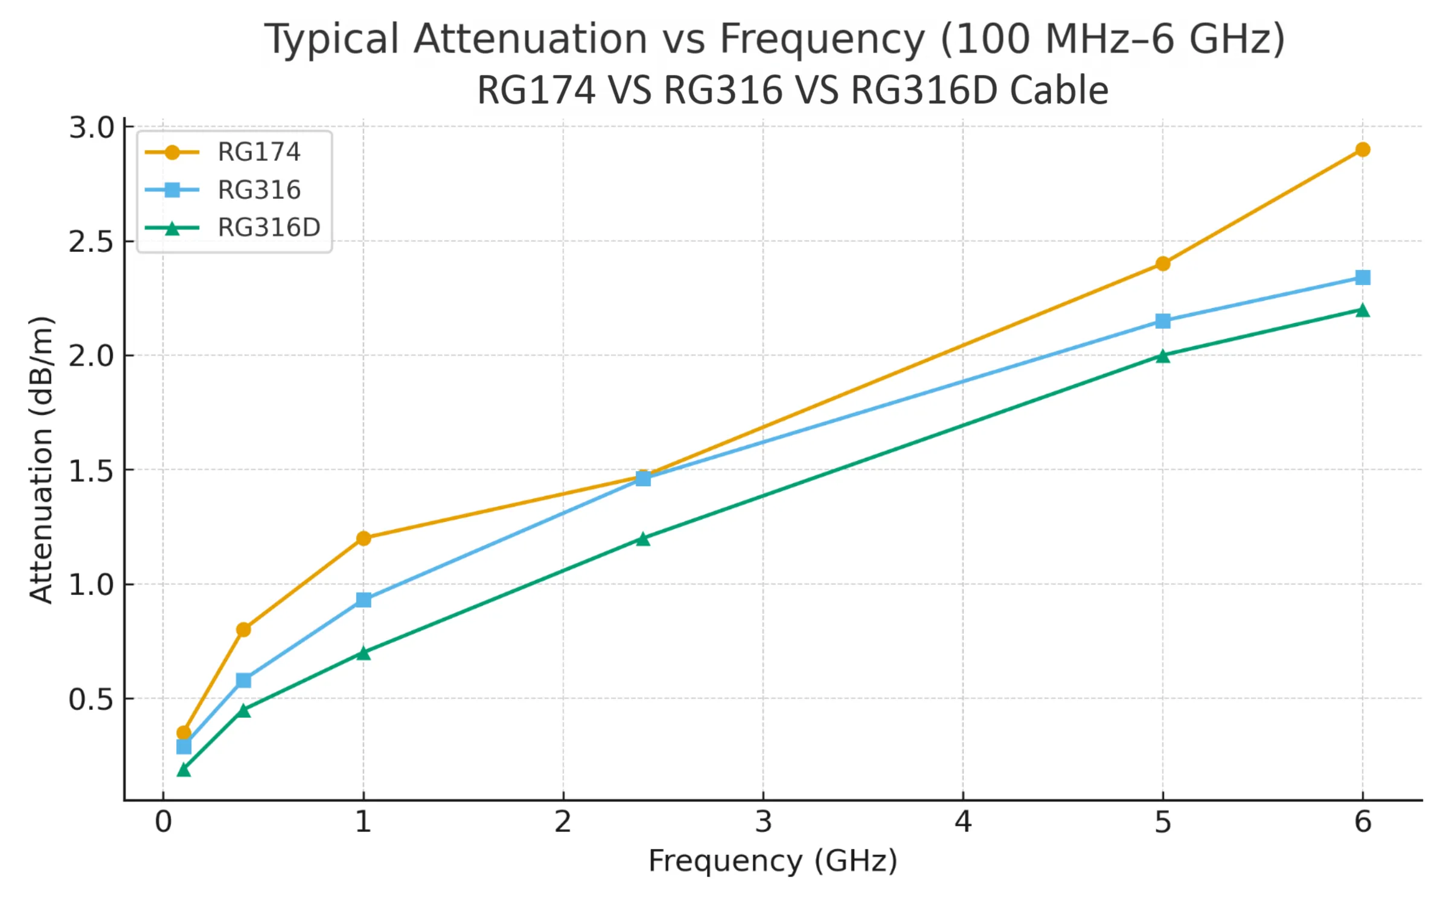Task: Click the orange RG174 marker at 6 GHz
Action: pos(1362,149)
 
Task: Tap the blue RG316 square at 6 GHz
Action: pos(1362,277)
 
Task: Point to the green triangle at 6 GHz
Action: pos(1362,310)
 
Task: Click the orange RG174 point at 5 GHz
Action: pos(1162,263)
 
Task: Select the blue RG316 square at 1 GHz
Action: pos(363,600)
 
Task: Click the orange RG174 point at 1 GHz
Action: pos(363,538)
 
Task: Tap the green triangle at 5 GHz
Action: pos(1162,356)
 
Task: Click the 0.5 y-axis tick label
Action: pos(91,699)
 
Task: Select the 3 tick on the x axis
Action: pos(763,822)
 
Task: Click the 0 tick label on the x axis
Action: pos(163,822)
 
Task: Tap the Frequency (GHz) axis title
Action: pos(772,861)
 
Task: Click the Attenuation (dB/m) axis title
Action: pos(41,459)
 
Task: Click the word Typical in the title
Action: pos(331,39)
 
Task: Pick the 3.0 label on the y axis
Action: pos(91,128)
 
